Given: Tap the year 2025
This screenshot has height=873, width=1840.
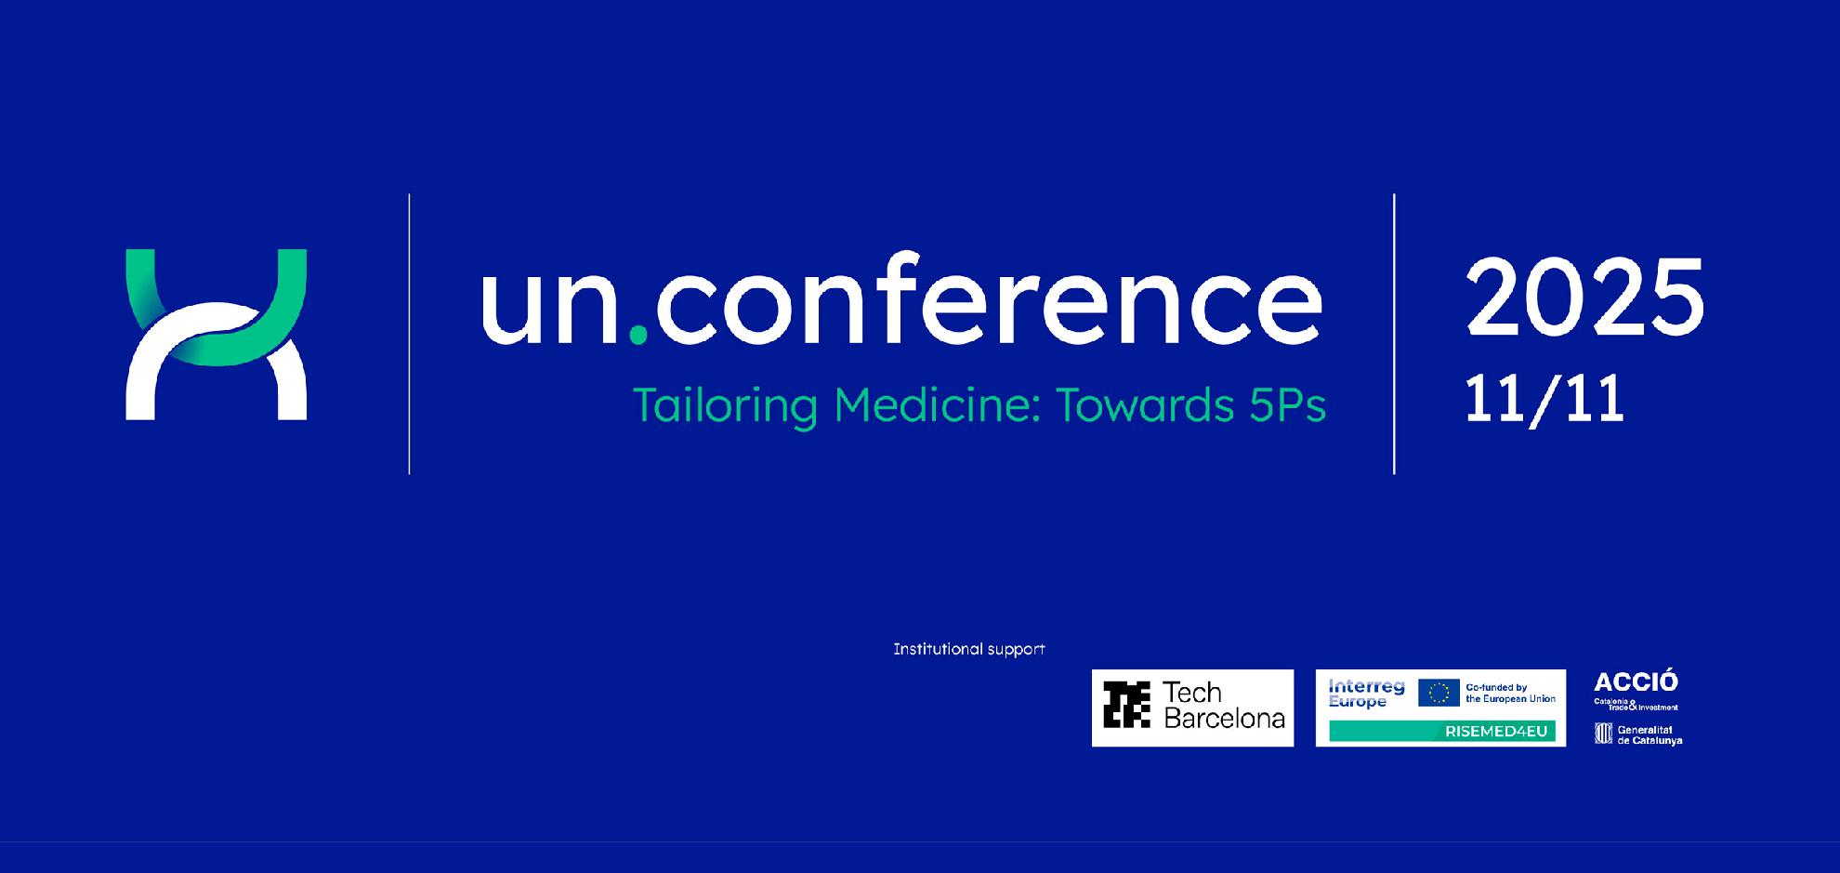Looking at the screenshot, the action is (1585, 298).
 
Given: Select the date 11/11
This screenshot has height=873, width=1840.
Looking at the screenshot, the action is (1544, 400).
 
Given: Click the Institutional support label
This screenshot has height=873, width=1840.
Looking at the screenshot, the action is (969, 649).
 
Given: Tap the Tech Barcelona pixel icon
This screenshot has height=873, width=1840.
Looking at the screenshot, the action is (1126, 704).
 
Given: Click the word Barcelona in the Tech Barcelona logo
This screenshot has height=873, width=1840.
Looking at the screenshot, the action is (1224, 718).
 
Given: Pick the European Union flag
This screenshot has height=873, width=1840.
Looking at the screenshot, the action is (1439, 693).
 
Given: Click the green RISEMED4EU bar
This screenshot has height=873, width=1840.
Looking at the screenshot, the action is (1442, 731).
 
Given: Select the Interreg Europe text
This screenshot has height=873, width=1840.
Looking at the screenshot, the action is (1366, 694).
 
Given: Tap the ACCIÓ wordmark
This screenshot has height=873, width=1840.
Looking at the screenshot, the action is (1636, 681).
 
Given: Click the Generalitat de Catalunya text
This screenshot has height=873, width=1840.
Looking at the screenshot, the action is (1649, 735).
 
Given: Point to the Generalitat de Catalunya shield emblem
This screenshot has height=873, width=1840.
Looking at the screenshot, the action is (1604, 734).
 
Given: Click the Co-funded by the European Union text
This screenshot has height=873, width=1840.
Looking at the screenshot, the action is (1510, 693).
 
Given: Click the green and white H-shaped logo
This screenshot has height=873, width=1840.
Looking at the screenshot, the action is (217, 335).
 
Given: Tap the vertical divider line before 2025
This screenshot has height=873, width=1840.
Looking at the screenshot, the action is (1394, 334).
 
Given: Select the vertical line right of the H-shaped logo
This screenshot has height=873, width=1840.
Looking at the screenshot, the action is (409, 334).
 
